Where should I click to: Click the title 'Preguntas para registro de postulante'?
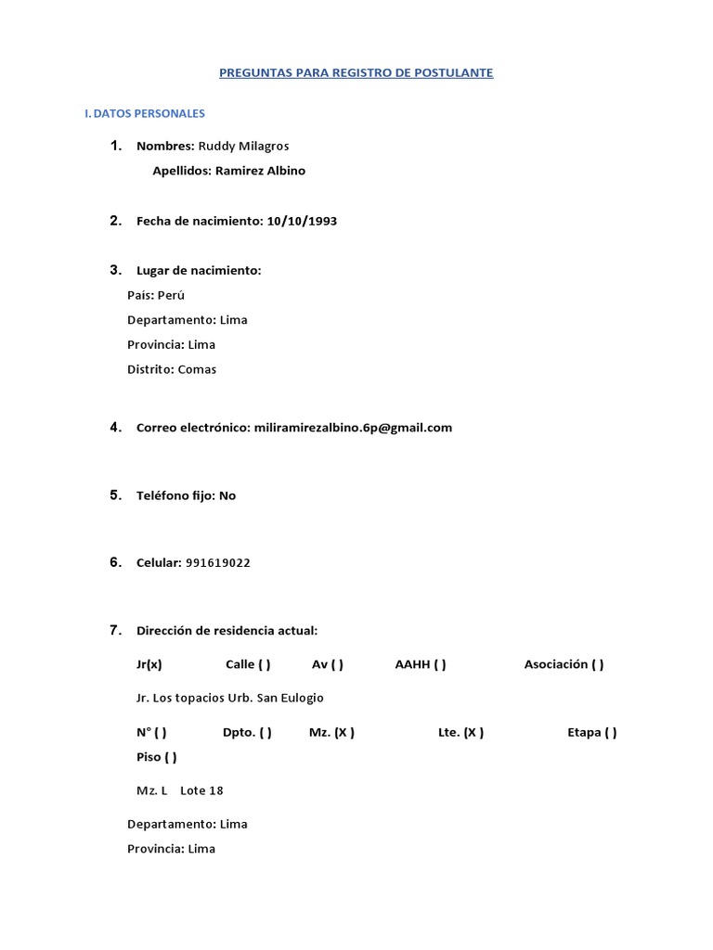point(356,72)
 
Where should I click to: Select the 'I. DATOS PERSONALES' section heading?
point(144,113)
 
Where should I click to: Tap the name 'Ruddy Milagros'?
point(244,146)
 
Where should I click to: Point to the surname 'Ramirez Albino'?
point(260,171)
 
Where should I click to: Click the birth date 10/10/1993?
point(302,221)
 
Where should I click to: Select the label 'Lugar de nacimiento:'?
point(199,270)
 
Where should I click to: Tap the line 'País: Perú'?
point(156,295)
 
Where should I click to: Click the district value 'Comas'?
point(197,369)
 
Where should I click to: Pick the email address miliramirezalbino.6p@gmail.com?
point(353,428)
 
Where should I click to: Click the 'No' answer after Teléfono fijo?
point(227,495)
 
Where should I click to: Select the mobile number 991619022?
point(218,563)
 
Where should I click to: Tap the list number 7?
point(115,631)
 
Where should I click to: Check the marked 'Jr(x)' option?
point(149,664)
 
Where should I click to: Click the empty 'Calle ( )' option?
point(248,664)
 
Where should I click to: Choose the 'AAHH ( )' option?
point(421,664)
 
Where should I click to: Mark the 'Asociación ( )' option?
point(564,664)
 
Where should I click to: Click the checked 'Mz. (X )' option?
point(331,732)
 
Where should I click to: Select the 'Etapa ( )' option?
point(592,732)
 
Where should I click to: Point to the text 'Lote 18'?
point(201,790)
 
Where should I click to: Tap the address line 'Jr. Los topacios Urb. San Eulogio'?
point(230,698)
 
